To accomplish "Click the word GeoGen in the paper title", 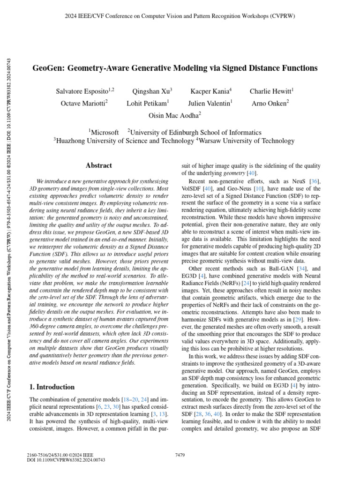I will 48,68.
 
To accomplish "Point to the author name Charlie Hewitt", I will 270,91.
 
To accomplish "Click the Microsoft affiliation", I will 105,133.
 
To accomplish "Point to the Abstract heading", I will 99,165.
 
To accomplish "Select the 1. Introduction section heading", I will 52,387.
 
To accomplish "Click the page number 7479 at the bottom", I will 180,455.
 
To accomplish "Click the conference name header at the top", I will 180,16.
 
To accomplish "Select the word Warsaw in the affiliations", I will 210,141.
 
